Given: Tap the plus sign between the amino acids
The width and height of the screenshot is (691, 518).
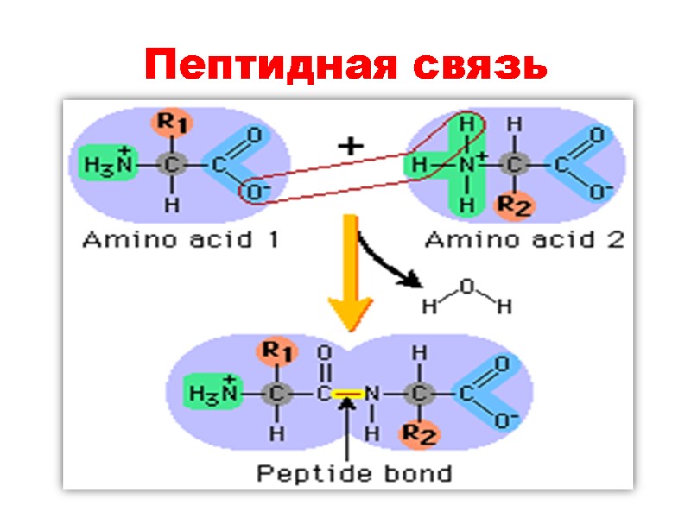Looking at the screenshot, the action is (x=349, y=147).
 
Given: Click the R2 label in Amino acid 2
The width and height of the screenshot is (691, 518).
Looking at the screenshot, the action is (x=516, y=206).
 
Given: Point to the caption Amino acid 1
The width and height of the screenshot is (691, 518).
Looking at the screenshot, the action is (x=180, y=240).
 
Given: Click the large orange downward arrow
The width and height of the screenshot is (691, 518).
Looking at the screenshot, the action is (x=350, y=276).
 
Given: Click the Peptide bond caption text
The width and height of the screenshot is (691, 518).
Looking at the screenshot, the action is (x=354, y=472).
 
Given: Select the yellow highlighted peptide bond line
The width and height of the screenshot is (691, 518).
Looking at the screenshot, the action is (x=347, y=394).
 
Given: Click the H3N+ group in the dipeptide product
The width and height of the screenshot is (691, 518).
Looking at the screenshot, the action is (x=212, y=393).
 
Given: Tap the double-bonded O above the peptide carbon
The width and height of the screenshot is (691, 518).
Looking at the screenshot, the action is (x=325, y=353).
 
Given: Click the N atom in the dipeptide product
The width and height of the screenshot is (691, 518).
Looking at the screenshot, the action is (x=372, y=394).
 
